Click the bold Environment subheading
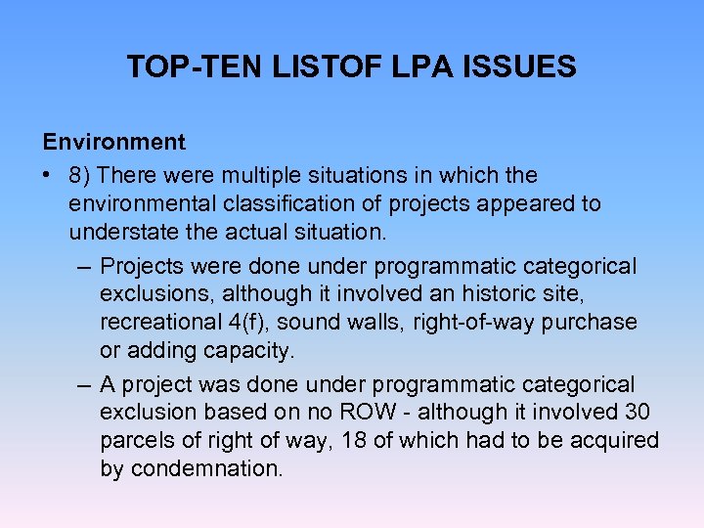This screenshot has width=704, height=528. (x=113, y=142)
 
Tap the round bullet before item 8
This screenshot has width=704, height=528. (x=49, y=176)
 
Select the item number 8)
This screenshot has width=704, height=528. (x=81, y=175)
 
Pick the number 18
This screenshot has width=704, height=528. (x=355, y=440)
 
